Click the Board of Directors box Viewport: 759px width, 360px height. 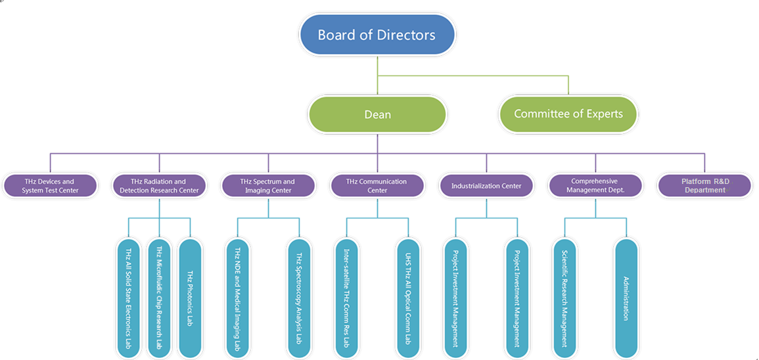click(x=377, y=35)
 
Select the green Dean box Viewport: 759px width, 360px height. click(x=377, y=114)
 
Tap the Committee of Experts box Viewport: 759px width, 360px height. click(x=568, y=114)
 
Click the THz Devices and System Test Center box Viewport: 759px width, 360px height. click(x=50, y=186)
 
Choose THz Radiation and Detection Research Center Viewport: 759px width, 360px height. click(x=158, y=186)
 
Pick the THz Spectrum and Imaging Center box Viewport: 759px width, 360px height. click(x=268, y=186)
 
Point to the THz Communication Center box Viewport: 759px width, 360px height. click(x=377, y=186)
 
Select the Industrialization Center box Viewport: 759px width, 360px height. click(x=486, y=186)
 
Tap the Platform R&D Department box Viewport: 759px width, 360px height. click(x=704, y=186)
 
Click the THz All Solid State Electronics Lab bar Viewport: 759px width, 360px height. click(x=129, y=298)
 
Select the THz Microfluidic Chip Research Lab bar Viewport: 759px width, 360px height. click(x=159, y=298)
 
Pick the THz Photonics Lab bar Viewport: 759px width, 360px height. click(x=190, y=298)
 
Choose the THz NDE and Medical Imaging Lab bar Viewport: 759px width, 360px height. click(x=237, y=298)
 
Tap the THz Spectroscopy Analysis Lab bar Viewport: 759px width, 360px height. click(x=299, y=298)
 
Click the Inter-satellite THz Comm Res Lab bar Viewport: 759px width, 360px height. click(x=346, y=298)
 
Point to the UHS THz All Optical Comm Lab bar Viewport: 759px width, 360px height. click(x=408, y=298)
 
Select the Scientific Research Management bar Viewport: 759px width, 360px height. click(x=564, y=298)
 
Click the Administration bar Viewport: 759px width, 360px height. click(x=626, y=298)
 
